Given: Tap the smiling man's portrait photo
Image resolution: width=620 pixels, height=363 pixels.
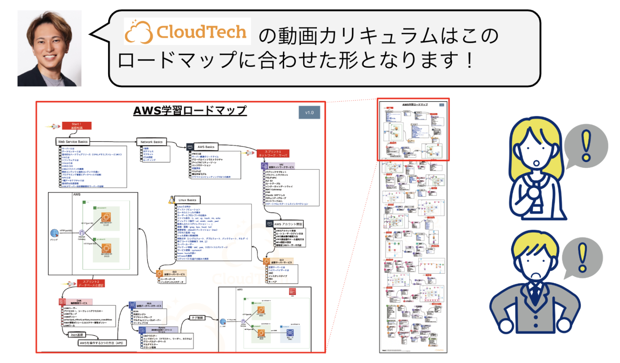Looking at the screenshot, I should (x=49, y=48).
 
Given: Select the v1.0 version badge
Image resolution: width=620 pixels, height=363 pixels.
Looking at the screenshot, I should (x=309, y=113).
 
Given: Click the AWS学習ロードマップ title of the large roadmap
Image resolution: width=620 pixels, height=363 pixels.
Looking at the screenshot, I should (x=190, y=111).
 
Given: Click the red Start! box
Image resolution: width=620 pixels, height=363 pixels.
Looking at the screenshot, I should (x=76, y=126).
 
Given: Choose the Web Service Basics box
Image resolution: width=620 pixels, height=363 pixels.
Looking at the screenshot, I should (x=73, y=142).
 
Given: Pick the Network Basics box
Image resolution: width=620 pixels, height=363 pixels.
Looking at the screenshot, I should (x=151, y=142).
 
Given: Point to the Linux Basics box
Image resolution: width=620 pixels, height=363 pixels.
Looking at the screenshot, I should (x=187, y=200).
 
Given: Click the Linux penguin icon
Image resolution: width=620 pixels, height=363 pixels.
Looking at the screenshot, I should (x=172, y=200).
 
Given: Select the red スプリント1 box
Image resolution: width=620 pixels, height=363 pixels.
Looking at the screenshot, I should (x=273, y=153).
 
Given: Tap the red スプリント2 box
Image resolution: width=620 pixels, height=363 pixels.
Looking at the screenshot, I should (x=91, y=283).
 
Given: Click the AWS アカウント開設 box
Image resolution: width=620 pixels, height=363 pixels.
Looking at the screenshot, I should (x=288, y=224).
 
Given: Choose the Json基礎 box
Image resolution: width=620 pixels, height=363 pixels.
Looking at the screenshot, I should (x=77, y=335).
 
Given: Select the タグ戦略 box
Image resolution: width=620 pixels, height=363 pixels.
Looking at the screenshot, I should (x=197, y=318).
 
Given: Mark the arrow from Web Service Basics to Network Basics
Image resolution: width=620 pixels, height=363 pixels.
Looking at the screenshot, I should (x=113, y=142).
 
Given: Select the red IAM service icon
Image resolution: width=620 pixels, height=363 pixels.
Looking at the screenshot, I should (x=62, y=302).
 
